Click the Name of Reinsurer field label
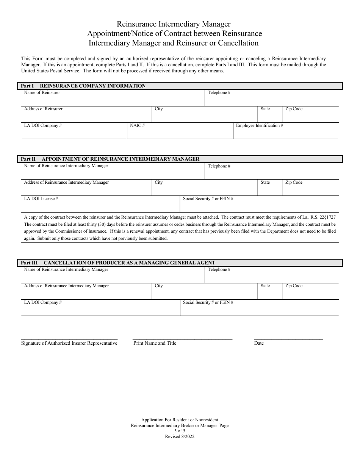point(42,92)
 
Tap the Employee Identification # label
point(260,125)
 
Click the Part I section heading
point(83,86)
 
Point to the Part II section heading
point(110,159)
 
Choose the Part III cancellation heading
point(118,263)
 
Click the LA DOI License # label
point(41,199)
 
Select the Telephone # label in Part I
point(219,92)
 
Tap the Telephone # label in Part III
point(219,269)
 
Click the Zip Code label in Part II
point(294,182)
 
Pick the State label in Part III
point(265,286)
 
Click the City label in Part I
point(158,109)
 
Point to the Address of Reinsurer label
point(43,109)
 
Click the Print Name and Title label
point(155,343)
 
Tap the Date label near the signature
point(259,343)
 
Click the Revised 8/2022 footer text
point(180,436)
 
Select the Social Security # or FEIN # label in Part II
point(208,199)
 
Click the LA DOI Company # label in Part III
point(43,302)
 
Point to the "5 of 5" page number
point(180,431)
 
